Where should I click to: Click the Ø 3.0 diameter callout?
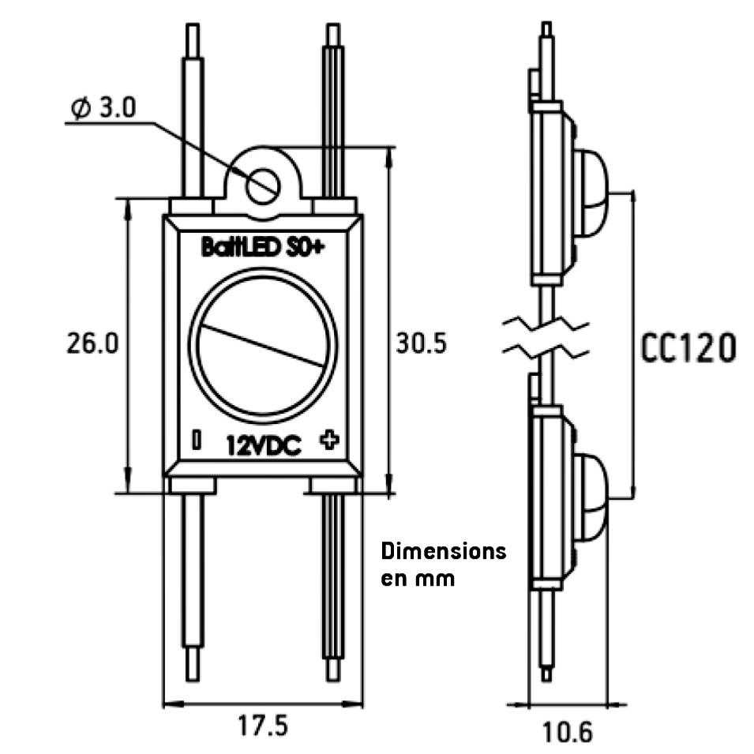pos(103,107)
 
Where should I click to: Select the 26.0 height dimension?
pos(92,343)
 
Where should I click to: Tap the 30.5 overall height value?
pos(422,343)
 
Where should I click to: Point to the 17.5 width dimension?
pos(263,726)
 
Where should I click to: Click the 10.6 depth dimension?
pos(568,733)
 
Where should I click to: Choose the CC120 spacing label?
pos(688,347)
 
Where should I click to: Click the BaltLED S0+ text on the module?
pos(263,248)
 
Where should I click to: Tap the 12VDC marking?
pos(264,446)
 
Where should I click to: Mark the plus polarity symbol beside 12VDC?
pos(329,440)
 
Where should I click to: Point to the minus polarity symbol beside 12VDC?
pos(196,440)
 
